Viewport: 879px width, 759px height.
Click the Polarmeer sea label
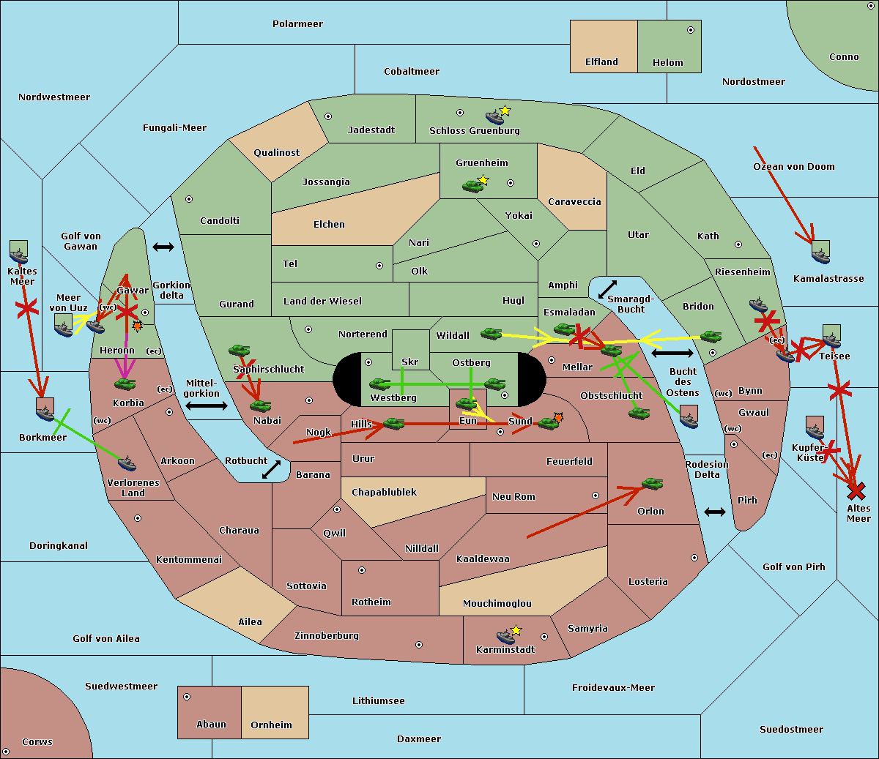point(297,24)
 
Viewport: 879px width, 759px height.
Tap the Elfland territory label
point(601,62)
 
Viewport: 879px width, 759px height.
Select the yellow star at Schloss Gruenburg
point(505,111)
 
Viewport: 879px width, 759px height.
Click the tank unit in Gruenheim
point(472,186)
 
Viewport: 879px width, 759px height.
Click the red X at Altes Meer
point(856,490)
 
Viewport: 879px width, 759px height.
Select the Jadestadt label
point(371,130)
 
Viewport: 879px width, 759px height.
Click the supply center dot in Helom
point(690,30)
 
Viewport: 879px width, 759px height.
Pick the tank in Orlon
point(651,483)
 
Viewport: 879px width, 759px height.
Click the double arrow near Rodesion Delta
point(715,512)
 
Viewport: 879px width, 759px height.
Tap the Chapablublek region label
point(384,493)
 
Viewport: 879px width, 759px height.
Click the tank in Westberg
point(379,384)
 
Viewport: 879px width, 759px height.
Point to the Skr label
point(409,362)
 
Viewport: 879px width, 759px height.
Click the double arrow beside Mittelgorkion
point(206,405)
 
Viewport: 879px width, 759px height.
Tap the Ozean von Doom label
point(794,167)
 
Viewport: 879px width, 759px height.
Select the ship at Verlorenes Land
point(127,463)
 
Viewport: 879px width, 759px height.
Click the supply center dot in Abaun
point(187,697)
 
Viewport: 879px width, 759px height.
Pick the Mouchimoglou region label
point(497,604)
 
